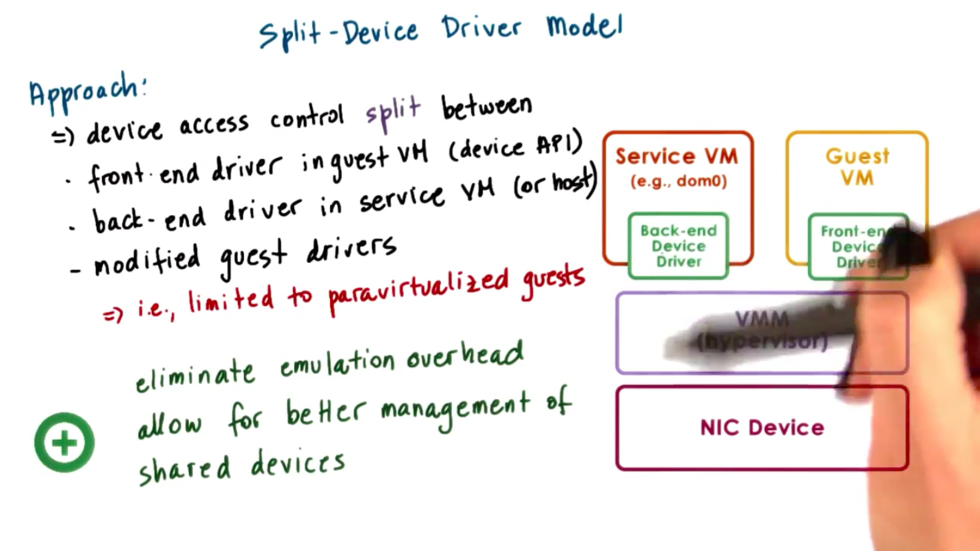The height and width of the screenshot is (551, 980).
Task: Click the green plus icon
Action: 65,442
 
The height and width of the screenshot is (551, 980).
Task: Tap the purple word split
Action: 394,110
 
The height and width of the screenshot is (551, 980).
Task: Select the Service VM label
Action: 677,156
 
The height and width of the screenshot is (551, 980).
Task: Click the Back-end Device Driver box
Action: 678,246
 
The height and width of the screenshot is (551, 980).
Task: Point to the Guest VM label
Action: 857,167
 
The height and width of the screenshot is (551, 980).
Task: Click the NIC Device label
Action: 762,428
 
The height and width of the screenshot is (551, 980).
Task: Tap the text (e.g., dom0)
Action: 678,181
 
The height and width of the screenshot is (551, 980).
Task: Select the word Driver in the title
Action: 482,29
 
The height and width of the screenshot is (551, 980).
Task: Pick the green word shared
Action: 184,469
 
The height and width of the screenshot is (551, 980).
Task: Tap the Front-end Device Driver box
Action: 857,246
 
